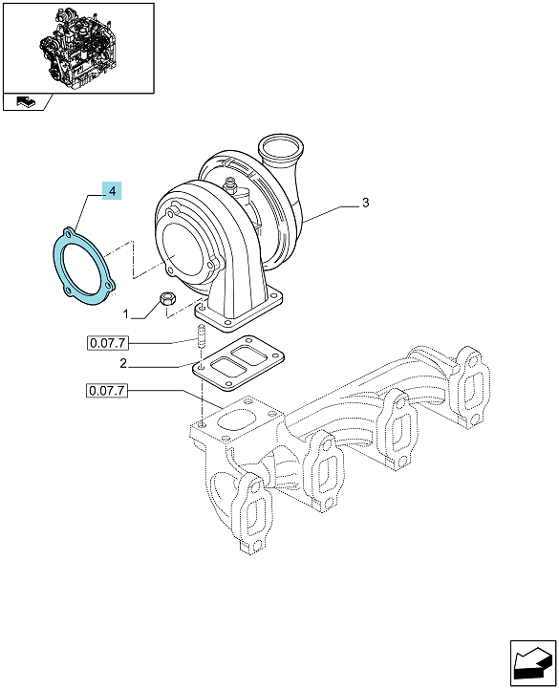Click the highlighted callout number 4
click(112, 191)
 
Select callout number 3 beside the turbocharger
click(365, 203)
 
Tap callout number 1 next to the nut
click(126, 314)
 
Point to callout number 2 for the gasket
click(123, 363)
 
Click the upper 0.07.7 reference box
click(108, 343)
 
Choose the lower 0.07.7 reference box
click(107, 390)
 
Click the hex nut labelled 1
click(167, 299)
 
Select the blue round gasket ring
click(84, 267)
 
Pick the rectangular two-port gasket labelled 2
click(237, 362)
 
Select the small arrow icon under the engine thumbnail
click(26, 102)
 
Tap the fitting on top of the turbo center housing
click(230, 184)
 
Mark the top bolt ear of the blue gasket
click(68, 232)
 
